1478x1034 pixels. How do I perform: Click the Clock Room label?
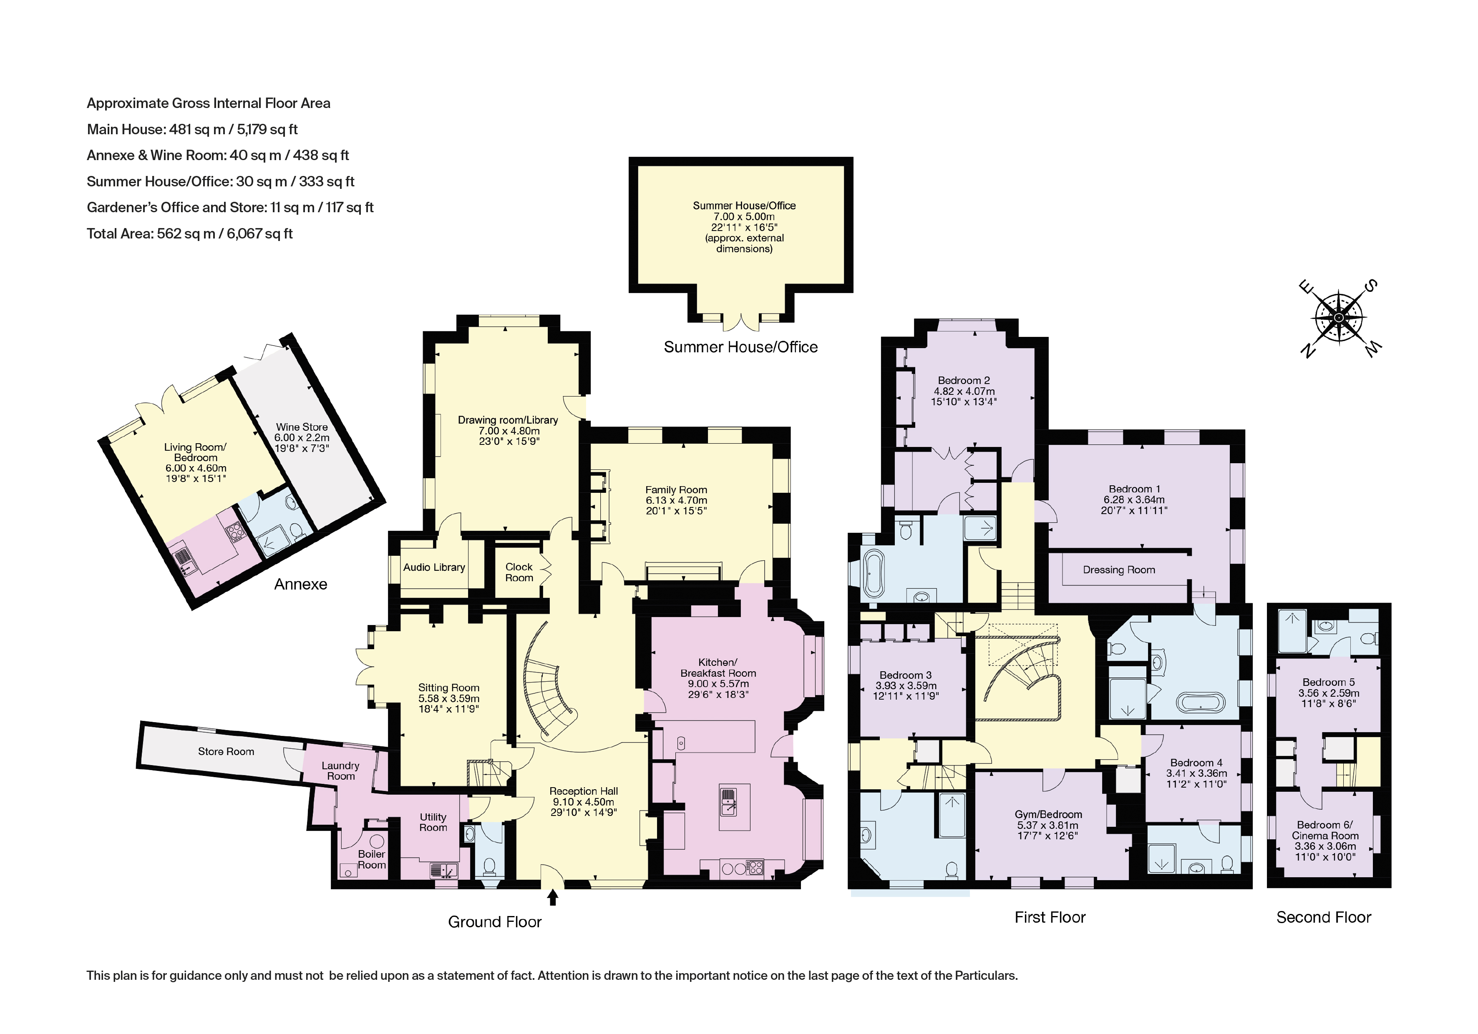pyautogui.click(x=519, y=572)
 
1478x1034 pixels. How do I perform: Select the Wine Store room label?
pyautogui.click(x=302, y=427)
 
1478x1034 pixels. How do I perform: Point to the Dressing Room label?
pyautogui.click(x=1119, y=570)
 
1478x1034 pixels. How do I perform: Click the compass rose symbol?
pyautogui.click(x=1339, y=318)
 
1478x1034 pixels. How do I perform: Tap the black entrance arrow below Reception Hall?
pyautogui.click(x=552, y=897)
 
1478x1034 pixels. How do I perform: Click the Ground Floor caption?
pyautogui.click(x=494, y=922)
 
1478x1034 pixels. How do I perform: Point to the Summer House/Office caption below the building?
pyautogui.click(x=740, y=347)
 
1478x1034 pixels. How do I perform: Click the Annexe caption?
pyautogui.click(x=301, y=584)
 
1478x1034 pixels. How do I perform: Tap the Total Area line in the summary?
pyautogui.click(x=190, y=233)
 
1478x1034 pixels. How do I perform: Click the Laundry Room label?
pyautogui.click(x=340, y=771)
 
